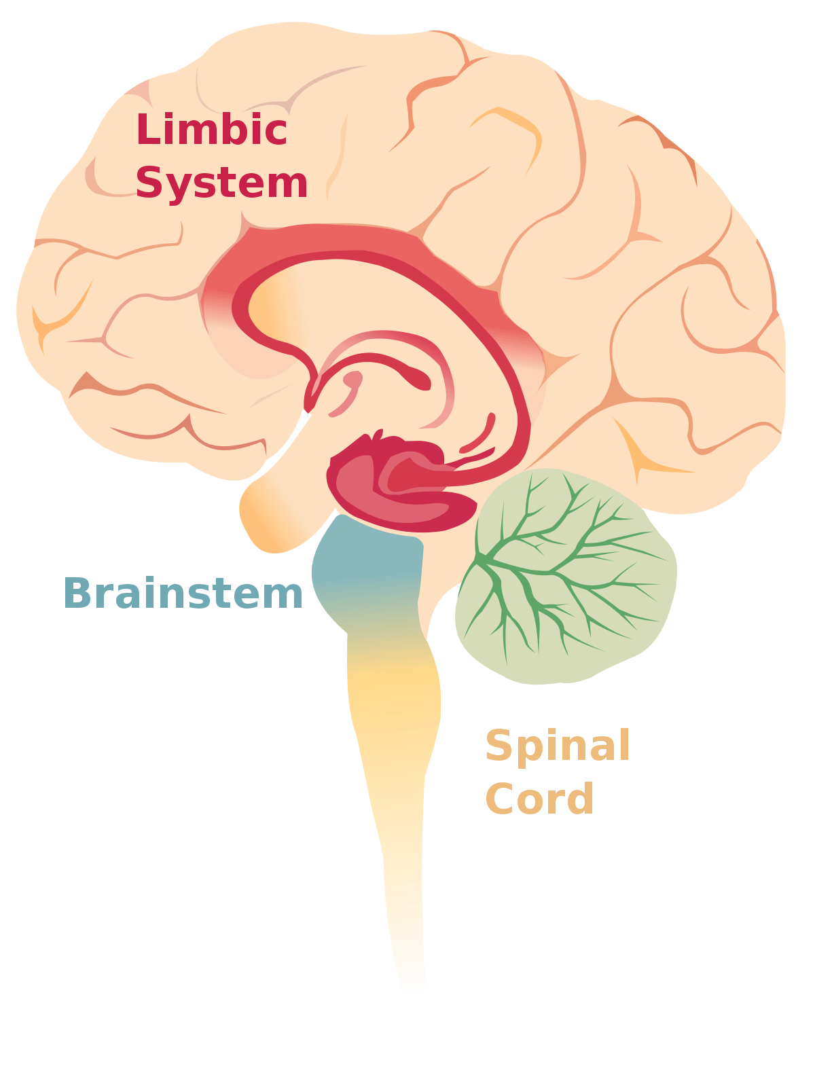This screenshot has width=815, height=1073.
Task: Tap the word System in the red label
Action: pos(221,183)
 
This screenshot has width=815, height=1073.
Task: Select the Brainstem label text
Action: pos(183,592)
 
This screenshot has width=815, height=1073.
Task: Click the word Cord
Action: pos(539,798)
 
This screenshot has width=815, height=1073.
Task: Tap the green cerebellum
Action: pos(566,577)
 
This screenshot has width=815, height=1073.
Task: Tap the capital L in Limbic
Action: pos(148,128)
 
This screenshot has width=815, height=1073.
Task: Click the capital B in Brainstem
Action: pos(77,592)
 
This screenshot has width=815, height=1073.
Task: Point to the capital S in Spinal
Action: pos(498,744)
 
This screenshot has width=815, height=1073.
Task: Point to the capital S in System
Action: pos(149,182)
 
